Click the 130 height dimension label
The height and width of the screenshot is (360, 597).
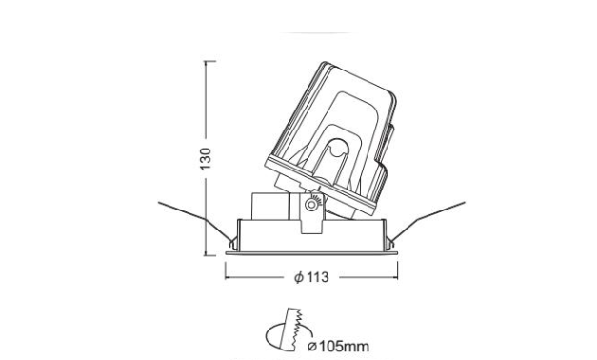206,159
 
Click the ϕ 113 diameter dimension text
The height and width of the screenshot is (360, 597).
311,277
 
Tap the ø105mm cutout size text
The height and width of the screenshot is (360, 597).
338,347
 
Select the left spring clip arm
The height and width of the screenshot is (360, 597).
197,222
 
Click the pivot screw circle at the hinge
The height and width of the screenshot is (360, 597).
311,205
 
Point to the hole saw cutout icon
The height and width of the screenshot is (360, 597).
289,330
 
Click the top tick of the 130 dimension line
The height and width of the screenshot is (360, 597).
210,61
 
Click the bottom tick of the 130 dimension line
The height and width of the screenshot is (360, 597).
210,255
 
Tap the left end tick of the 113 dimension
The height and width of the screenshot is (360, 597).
226,270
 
